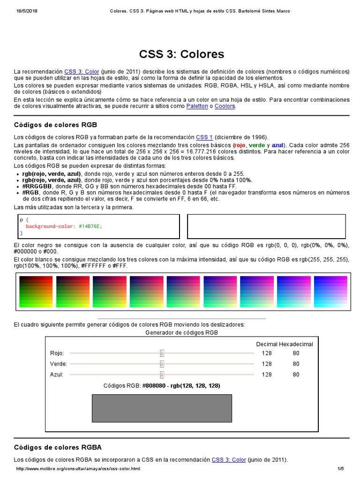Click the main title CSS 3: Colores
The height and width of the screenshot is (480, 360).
point(182,54)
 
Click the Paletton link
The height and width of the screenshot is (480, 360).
point(197,106)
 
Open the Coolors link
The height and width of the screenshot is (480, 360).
point(225,106)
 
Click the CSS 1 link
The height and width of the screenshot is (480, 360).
point(204,137)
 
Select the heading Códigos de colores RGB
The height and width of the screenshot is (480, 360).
point(55,125)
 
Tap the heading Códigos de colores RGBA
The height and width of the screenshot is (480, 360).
point(58,447)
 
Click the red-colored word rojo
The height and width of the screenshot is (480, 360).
point(240,145)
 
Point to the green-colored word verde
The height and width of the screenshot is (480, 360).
point(256,145)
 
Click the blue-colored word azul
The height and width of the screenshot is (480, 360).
point(277,145)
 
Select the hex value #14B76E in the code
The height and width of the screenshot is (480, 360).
point(90,226)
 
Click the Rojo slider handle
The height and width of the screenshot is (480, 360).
point(162,353)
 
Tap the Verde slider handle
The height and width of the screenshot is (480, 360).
point(162,363)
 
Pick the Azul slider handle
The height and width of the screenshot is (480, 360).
point(162,375)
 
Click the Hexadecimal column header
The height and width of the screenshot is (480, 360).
point(296,344)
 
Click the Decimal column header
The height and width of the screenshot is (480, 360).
point(267,344)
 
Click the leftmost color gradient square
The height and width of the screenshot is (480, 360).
point(36,292)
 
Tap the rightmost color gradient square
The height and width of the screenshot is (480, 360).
point(330,292)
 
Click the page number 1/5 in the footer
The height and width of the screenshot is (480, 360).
point(340,469)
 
